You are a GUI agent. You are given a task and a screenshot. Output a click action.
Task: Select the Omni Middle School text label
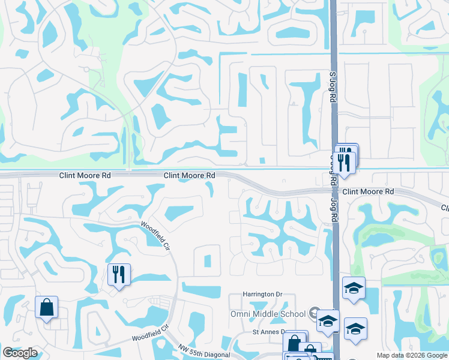pos(268,314)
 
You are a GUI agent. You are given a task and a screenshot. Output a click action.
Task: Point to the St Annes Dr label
pos(267,332)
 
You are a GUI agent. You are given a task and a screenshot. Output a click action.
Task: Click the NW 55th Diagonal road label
pos(204,352)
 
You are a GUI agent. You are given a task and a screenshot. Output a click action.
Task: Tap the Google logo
pos(20,353)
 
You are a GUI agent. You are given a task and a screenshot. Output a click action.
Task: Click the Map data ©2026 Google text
pos(411,355)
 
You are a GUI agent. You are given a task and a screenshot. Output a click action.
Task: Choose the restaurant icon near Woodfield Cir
pos(118,275)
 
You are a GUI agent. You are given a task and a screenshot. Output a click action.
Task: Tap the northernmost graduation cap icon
pos(354,288)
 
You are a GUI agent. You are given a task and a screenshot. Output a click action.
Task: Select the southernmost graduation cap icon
pos(355,329)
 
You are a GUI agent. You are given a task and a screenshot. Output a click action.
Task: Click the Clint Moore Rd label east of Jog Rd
pos(368,191)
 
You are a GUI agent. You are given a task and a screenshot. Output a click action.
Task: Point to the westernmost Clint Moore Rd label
pos(85,176)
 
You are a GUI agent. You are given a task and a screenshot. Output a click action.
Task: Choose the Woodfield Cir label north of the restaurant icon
pos(156,234)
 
